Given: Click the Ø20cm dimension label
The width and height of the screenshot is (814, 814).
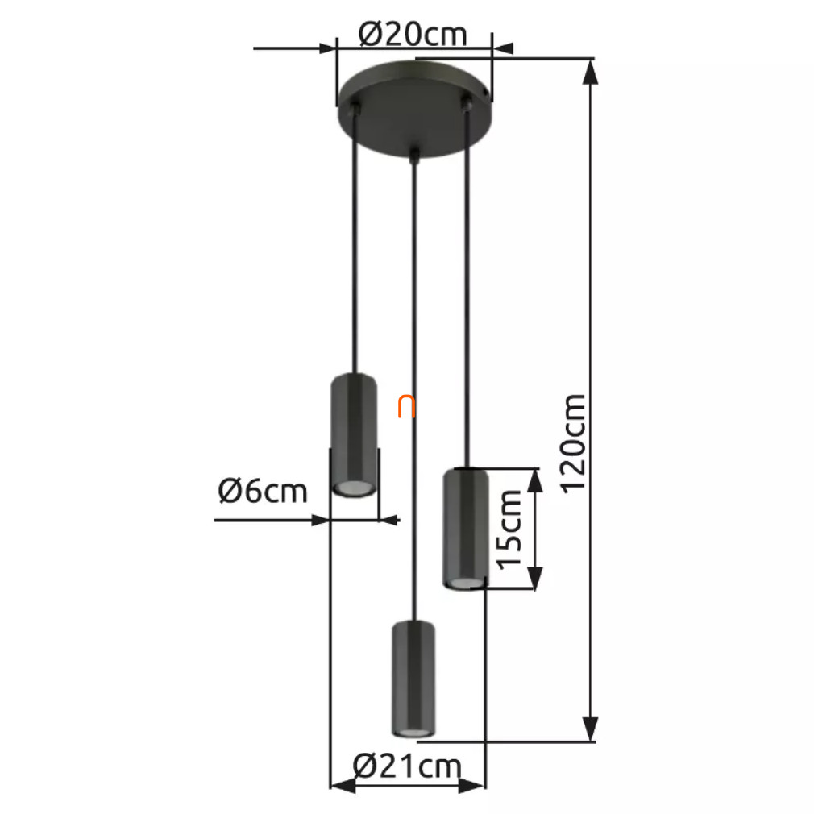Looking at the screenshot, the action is [x=413, y=35].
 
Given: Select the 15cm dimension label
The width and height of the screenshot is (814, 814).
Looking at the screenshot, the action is [x=509, y=529].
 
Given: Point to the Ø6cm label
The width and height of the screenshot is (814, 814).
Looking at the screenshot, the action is [x=263, y=491].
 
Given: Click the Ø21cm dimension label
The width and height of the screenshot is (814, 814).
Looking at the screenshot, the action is [x=407, y=766].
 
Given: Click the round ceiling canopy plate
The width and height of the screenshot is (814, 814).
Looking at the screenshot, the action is [x=413, y=109].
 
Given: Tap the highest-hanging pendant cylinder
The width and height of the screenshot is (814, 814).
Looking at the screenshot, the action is [x=354, y=435].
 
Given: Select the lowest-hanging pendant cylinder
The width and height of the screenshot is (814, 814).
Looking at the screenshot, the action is [x=413, y=679].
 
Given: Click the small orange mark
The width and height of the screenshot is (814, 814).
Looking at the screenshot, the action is [x=406, y=406].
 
